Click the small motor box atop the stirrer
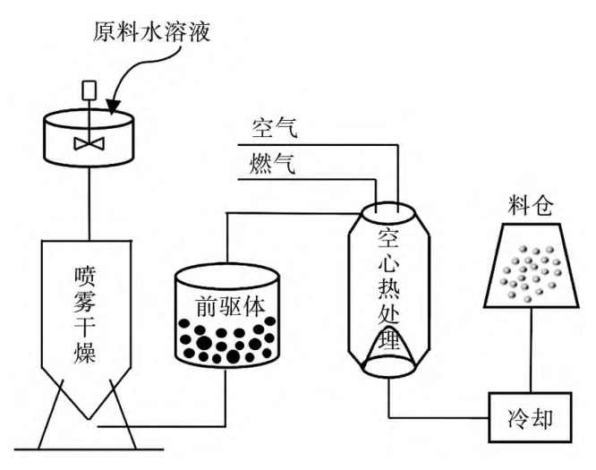click(x=89, y=90)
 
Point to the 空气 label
click(x=273, y=129)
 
